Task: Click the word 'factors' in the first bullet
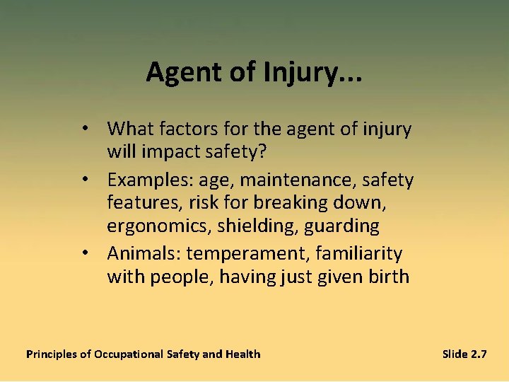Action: (195, 129)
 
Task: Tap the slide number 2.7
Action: (478, 354)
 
